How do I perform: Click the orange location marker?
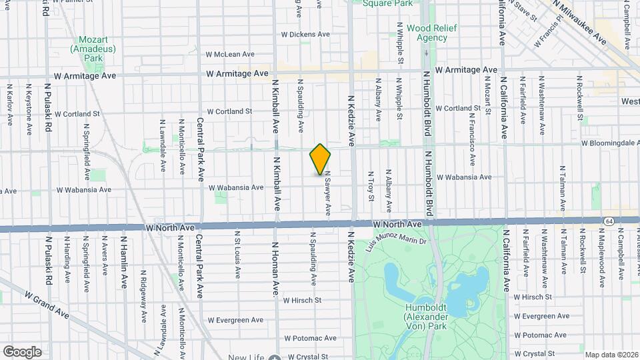click(x=320, y=160)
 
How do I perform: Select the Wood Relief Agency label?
click(x=427, y=33)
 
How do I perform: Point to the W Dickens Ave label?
click(x=305, y=34)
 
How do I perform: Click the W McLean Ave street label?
click(x=230, y=55)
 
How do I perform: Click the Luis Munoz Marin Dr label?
click(x=395, y=239)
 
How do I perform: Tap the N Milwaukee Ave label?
click(x=582, y=22)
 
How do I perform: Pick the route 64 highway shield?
click(x=609, y=220)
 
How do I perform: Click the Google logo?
click(x=21, y=351)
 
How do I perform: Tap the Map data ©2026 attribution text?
click(x=611, y=355)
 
